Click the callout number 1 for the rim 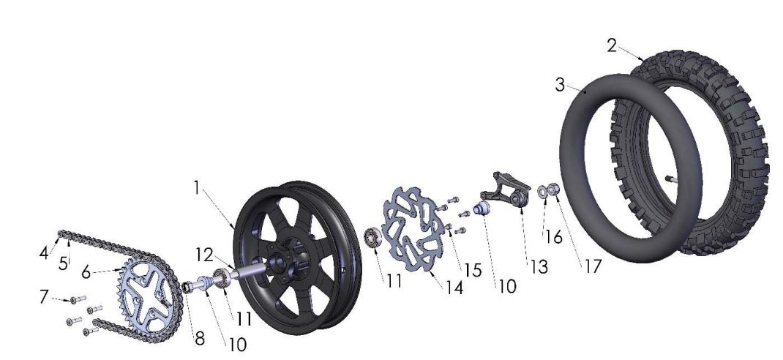[x=196, y=187]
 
